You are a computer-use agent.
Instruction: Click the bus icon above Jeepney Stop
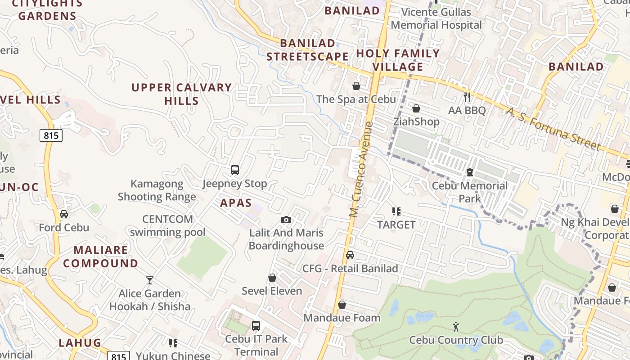pyautogui.click(x=234, y=170)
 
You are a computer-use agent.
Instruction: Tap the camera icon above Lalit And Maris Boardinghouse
pyautogui.click(x=286, y=220)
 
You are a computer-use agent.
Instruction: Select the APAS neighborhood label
pyautogui.click(x=236, y=203)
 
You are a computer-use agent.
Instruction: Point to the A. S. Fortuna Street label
pyautogui.click(x=553, y=129)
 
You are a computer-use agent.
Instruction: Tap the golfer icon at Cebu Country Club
pyautogui.click(x=456, y=327)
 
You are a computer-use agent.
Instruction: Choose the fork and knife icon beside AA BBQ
pyautogui.click(x=467, y=97)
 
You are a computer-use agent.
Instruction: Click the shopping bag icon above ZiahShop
pyautogui.click(x=416, y=108)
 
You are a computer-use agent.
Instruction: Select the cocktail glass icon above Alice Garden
pyautogui.click(x=150, y=280)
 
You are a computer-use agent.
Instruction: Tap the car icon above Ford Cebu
pyautogui.click(x=64, y=214)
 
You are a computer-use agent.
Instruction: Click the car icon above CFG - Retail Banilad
pyautogui.click(x=350, y=255)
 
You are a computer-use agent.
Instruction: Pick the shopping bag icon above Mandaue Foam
pyautogui.click(x=342, y=305)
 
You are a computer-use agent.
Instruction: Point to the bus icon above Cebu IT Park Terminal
pyautogui.click(x=256, y=325)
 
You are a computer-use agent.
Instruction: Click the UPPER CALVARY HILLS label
pyautogui.click(x=182, y=94)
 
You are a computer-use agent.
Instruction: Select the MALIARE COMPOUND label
pyautogui.click(x=101, y=256)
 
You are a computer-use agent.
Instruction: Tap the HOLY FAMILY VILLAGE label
pyautogui.click(x=398, y=60)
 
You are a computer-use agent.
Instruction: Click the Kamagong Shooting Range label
pyautogui.click(x=157, y=190)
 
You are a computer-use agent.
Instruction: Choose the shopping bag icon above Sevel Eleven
pyautogui.click(x=272, y=278)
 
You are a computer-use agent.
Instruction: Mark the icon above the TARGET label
pyautogui.click(x=396, y=211)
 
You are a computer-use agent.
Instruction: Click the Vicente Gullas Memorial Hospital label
pyautogui.click(x=436, y=18)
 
